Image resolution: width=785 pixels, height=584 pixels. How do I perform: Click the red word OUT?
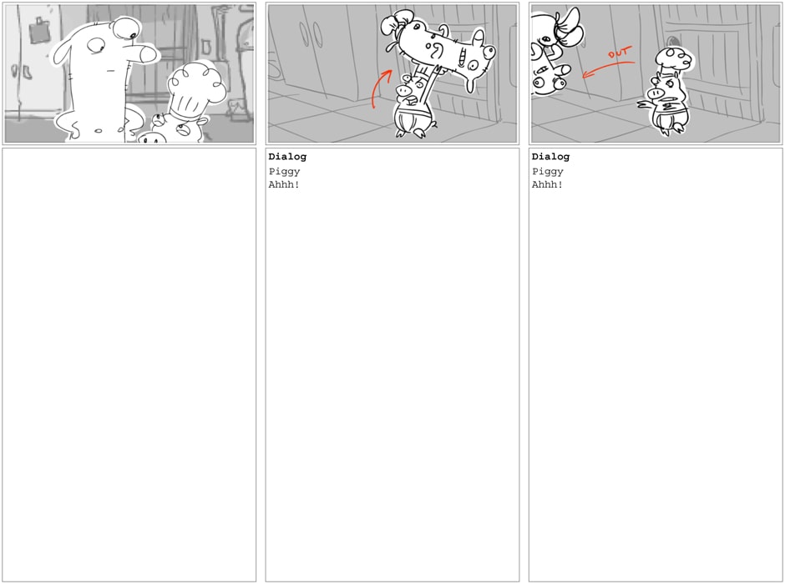[x=620, y=52]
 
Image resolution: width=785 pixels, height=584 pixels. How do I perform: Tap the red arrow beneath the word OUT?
[x=608, y=68]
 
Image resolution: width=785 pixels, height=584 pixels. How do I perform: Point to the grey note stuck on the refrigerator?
[x=39, y=32]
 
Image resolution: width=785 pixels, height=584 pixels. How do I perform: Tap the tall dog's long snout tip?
[x=149, y=54]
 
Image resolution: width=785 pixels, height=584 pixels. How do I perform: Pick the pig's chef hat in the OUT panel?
[x=674, y=60]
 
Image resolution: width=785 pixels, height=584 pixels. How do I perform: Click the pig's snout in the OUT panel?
[x=655, y=93]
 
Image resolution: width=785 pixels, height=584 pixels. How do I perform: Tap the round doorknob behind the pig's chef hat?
[x=673, y=41]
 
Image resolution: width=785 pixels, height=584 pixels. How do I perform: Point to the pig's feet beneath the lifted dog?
[x=415, y=133]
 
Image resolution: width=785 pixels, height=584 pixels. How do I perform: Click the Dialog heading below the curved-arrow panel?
[x=287, y=157]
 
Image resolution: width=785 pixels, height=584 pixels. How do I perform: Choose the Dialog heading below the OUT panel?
[x=550, y=157]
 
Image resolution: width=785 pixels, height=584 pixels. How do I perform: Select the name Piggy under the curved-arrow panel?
[x=285, y=172]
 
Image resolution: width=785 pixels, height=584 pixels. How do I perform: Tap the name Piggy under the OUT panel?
[x=548, y=172]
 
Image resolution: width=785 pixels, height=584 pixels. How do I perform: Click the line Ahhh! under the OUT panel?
[x=547, y=184]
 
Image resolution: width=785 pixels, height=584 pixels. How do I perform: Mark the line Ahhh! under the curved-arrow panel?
[x=284, y=184]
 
